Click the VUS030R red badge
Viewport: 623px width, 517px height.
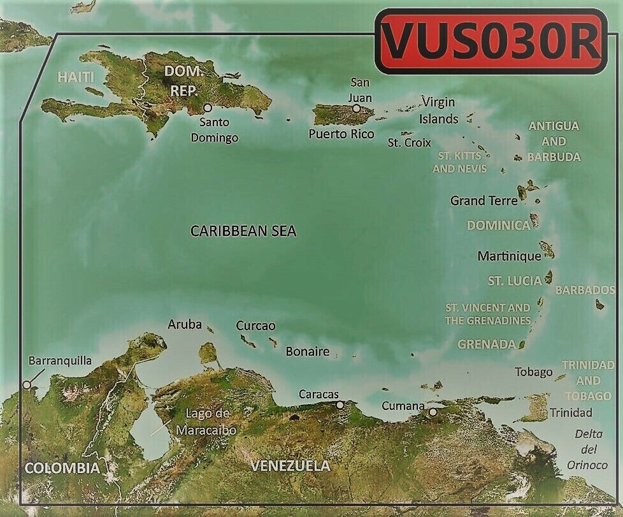pyautogui.click(x=491, y=41)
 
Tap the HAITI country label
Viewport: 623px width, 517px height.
pyautogui.click(x=76, y=77)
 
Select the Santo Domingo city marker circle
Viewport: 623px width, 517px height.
pyautogui.click(x=208, y=108)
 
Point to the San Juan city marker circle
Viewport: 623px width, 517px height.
pyautogui.click(x=357, y=108)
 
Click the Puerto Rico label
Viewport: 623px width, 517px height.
pyautogui.click(x=341, y=134)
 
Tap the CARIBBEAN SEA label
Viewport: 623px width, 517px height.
pyautogui.click(x=243, y=231)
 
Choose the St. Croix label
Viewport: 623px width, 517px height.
pyautogui.click(x=410, y=143)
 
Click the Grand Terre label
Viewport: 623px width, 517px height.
pyautogui.click(x=484, y=201)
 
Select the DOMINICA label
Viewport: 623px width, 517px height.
pyautogui.click(x=499, y=225)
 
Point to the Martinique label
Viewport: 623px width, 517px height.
pyautogui.click(x=509, y=256)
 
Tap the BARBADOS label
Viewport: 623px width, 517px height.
pyautogui.click(x=585, y=290)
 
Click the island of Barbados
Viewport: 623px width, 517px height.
pyautogui.click(x=600, y=305)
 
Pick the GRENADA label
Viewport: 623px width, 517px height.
pyautogui.click(x=487, y=344)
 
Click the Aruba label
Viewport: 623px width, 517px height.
pyautogui.click(x=185, y=324)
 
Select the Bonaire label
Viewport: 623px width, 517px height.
pyautogui.click(x=308, y=351)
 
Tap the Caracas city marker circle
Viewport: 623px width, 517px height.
pyautogui.click(x=340, y=404)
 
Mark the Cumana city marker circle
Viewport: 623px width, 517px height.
pyautogui.click(x=433, y=412)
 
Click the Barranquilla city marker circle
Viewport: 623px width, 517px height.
pyautogui.click(x=26, y=384)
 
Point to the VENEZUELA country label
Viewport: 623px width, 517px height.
pyautogui.click(x=290, y=466)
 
